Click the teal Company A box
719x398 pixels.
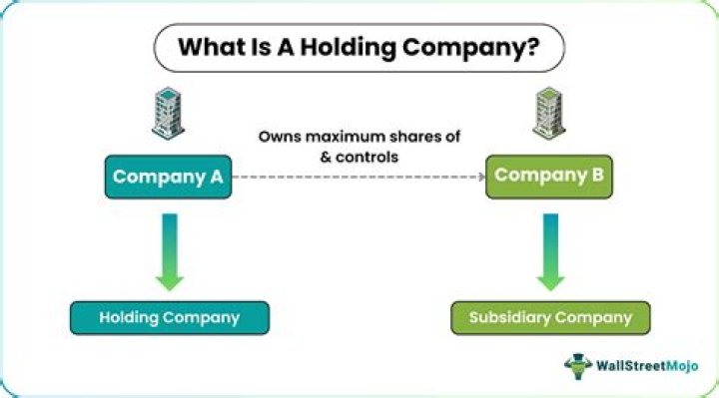click(x=167, y=178)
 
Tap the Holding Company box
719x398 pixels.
click(x=169, y=318)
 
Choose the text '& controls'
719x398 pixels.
click(x=359, y=156)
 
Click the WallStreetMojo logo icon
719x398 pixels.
click(x=579, y=365)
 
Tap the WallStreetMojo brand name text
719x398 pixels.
click(x=650, y=366)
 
